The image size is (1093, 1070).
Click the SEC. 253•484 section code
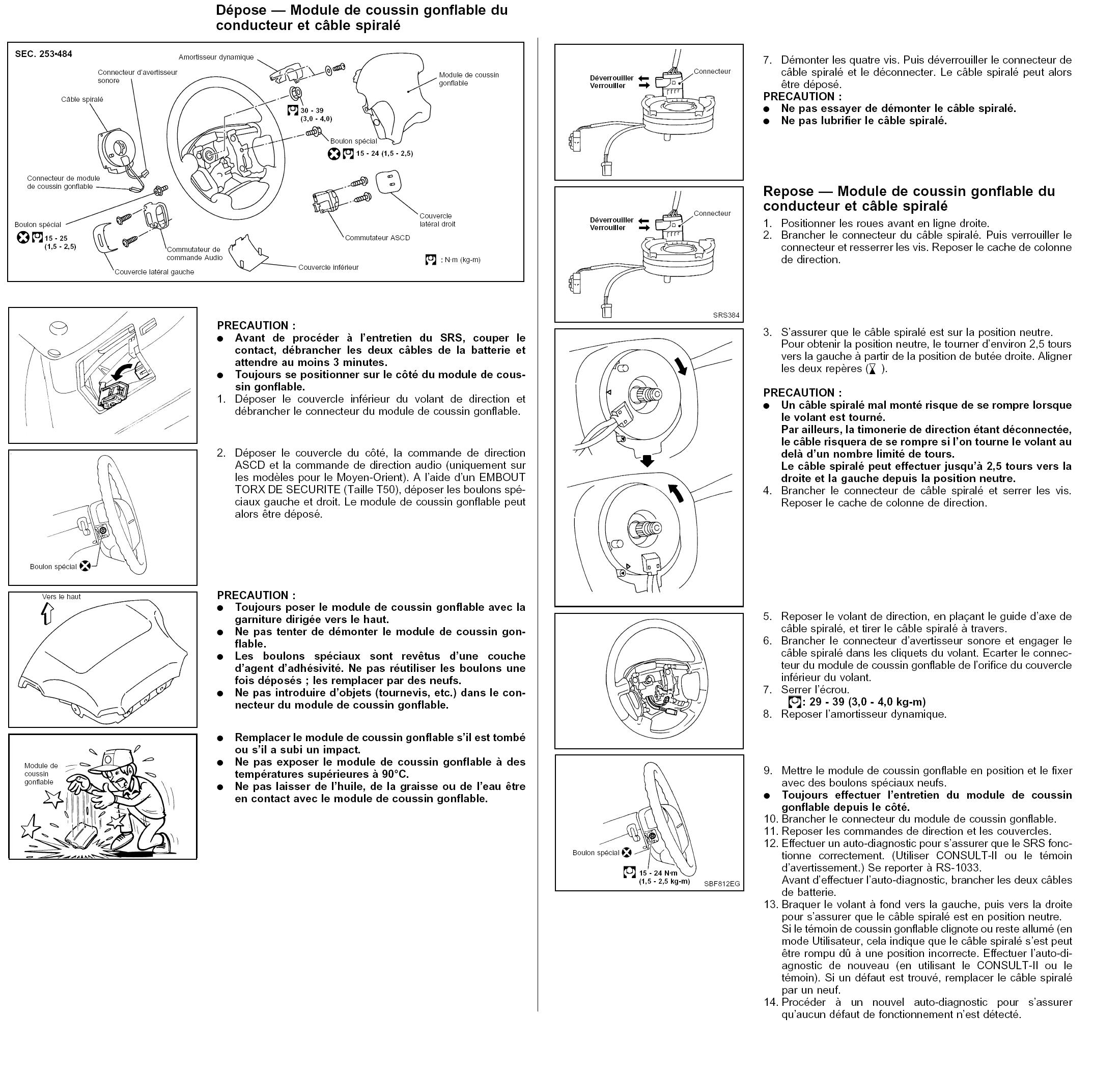pos(43,54)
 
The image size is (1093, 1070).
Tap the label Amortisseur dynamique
pos(216,58)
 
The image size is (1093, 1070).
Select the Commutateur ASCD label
pos(378,238)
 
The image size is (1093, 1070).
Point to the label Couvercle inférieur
pos(328,268)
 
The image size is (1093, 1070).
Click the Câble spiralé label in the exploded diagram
pos(82,99)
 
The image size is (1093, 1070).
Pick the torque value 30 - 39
pos(312,110)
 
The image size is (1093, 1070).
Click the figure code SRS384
pos(726,315)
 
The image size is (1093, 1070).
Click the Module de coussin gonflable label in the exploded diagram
pos(469,79)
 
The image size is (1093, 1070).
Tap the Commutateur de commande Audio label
pos(194,254)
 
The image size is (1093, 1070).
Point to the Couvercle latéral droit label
pos(437,220)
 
